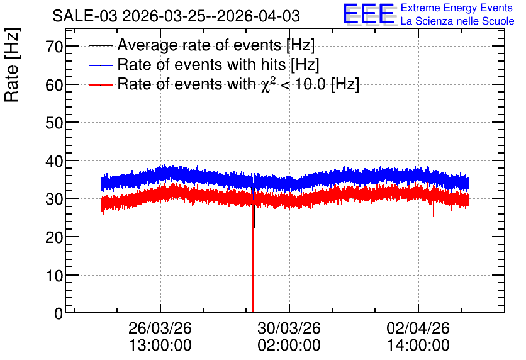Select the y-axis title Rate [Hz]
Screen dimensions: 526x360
[x=12, y=65]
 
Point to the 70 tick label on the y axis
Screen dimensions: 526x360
[x=54, y=47]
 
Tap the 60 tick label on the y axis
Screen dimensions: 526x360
[x=54, y=85]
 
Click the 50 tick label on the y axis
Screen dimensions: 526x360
[x=54, y=123]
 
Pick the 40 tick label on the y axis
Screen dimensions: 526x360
[x=54, y=161]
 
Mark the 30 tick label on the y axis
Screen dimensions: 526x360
[x=54, y=199]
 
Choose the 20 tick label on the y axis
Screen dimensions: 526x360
[x=54, y=237]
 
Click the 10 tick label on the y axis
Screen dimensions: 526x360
[x=54, y=276]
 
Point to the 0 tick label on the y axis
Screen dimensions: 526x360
[x=59, y=313]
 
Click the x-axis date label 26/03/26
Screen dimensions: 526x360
[x=160, y=328]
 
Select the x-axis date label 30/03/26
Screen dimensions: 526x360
[x=289, y=328]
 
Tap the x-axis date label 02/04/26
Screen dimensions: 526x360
[x=418, y=328]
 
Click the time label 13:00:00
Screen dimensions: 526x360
[x=160, y=345]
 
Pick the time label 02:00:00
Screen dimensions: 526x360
[x=289, y=345]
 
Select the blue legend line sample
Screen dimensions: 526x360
[x=100, y=65]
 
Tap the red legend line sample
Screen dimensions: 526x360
[x=100, y=84]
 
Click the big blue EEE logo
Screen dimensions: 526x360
[x=369, y=14]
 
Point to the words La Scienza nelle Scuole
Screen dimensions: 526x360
[x=457, y=21]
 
